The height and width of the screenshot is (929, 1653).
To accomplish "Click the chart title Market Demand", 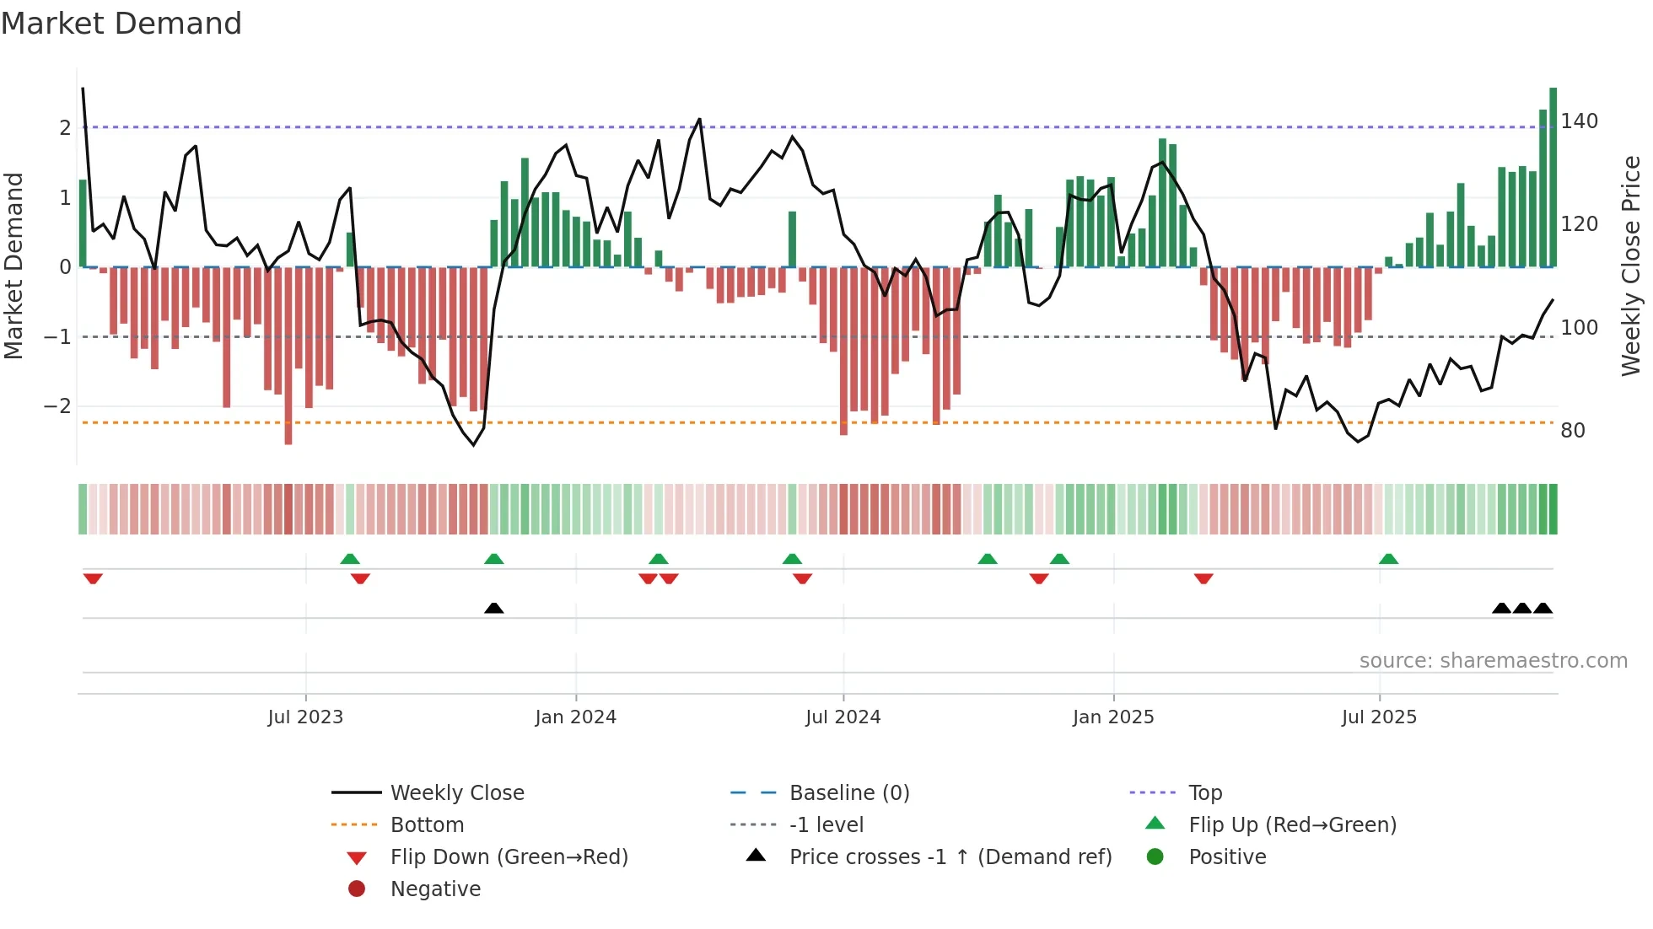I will tap(121, 24).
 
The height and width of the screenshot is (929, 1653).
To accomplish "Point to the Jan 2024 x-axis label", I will tap(575, 717).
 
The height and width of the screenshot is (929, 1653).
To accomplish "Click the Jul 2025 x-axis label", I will tap(1379, 717).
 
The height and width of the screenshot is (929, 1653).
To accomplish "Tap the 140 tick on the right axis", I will tap(1579, 121).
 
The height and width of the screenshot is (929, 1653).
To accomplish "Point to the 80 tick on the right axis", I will tap(1572, 431).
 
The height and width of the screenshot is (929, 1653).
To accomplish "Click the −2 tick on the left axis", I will tap(57, 406).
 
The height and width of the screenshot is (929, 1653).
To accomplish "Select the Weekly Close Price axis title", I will tap(1631, 266).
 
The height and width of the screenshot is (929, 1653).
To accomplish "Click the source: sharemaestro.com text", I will tap(1493, 661).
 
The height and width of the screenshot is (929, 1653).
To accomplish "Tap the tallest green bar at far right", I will tap(1553, 177).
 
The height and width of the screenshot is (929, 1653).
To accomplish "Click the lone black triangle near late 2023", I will tap(494, 608).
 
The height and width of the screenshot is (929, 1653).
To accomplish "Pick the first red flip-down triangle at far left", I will tap(93, 578).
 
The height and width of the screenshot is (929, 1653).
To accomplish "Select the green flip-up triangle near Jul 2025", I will tap(1388, 559).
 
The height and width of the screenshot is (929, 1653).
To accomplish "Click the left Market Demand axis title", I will tap(13, 266).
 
